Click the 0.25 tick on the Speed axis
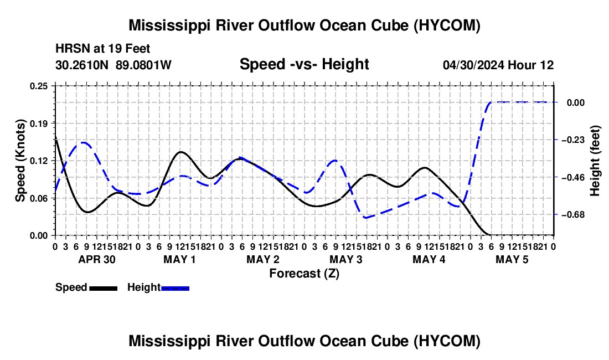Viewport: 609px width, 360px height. click(38, 86)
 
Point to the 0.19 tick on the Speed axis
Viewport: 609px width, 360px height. click(38, 124)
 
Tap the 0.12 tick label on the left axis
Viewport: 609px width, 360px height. click(38, 161)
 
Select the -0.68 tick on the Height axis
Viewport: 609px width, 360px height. click(573, 214)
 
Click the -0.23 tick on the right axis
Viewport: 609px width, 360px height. click(573, 140)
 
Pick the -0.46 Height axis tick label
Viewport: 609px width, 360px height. click(573, 177)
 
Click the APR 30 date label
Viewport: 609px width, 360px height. click(97, 259)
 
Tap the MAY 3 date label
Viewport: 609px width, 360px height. click(345, 259)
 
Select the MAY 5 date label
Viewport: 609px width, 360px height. click(512, 259)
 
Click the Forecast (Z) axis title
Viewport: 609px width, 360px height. click(304, 274)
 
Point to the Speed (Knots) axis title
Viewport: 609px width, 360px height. click(20, 161)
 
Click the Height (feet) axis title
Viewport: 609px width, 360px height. click(595, 161)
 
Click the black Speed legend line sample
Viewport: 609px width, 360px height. click(104, 288)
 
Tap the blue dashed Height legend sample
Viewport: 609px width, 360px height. click(175, 288)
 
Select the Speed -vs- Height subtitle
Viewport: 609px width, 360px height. click(304, 64)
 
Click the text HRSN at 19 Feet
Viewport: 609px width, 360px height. click(102, 49)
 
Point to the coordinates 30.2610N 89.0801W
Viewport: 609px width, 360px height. click(113, 65)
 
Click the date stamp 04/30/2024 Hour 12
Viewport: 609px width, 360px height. click(498, 65)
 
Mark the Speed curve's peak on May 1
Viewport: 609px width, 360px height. click(180, 152)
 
